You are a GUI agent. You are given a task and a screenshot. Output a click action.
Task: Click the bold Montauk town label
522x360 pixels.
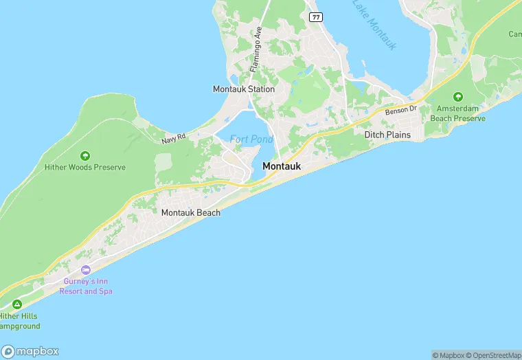tap(282, 166)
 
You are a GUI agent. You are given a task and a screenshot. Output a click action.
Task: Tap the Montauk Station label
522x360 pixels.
tap(244, 89)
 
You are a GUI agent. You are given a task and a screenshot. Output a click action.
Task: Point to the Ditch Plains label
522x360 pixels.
tap(387, 135)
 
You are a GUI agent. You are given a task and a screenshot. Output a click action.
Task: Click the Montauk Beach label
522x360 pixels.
tap(191, 213)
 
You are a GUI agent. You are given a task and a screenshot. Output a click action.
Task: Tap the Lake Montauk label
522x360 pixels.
tap(375, 23)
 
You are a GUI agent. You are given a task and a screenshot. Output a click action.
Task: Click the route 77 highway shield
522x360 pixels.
tap(315, 16)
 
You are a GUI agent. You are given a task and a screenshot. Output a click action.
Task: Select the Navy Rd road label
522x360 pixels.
tap(174, 139)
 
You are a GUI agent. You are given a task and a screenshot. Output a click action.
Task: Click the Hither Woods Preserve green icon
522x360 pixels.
tap(85, 156)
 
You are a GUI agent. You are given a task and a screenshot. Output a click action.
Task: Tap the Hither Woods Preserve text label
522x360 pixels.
tap(85, 167)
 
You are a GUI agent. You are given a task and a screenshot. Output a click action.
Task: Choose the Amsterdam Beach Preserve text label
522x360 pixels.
tap(457, 114)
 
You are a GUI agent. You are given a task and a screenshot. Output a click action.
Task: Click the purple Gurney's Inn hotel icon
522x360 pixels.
tap(85, 270)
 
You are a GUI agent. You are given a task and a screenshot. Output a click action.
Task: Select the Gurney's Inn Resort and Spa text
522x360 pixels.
tap(85, 287)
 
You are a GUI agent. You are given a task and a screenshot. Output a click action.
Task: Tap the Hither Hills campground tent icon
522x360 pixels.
tap(16, 304)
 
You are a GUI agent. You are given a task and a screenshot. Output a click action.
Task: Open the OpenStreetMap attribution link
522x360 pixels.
tap(492, 355)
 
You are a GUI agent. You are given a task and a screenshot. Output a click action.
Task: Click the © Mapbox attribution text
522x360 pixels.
tap(449, 355)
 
